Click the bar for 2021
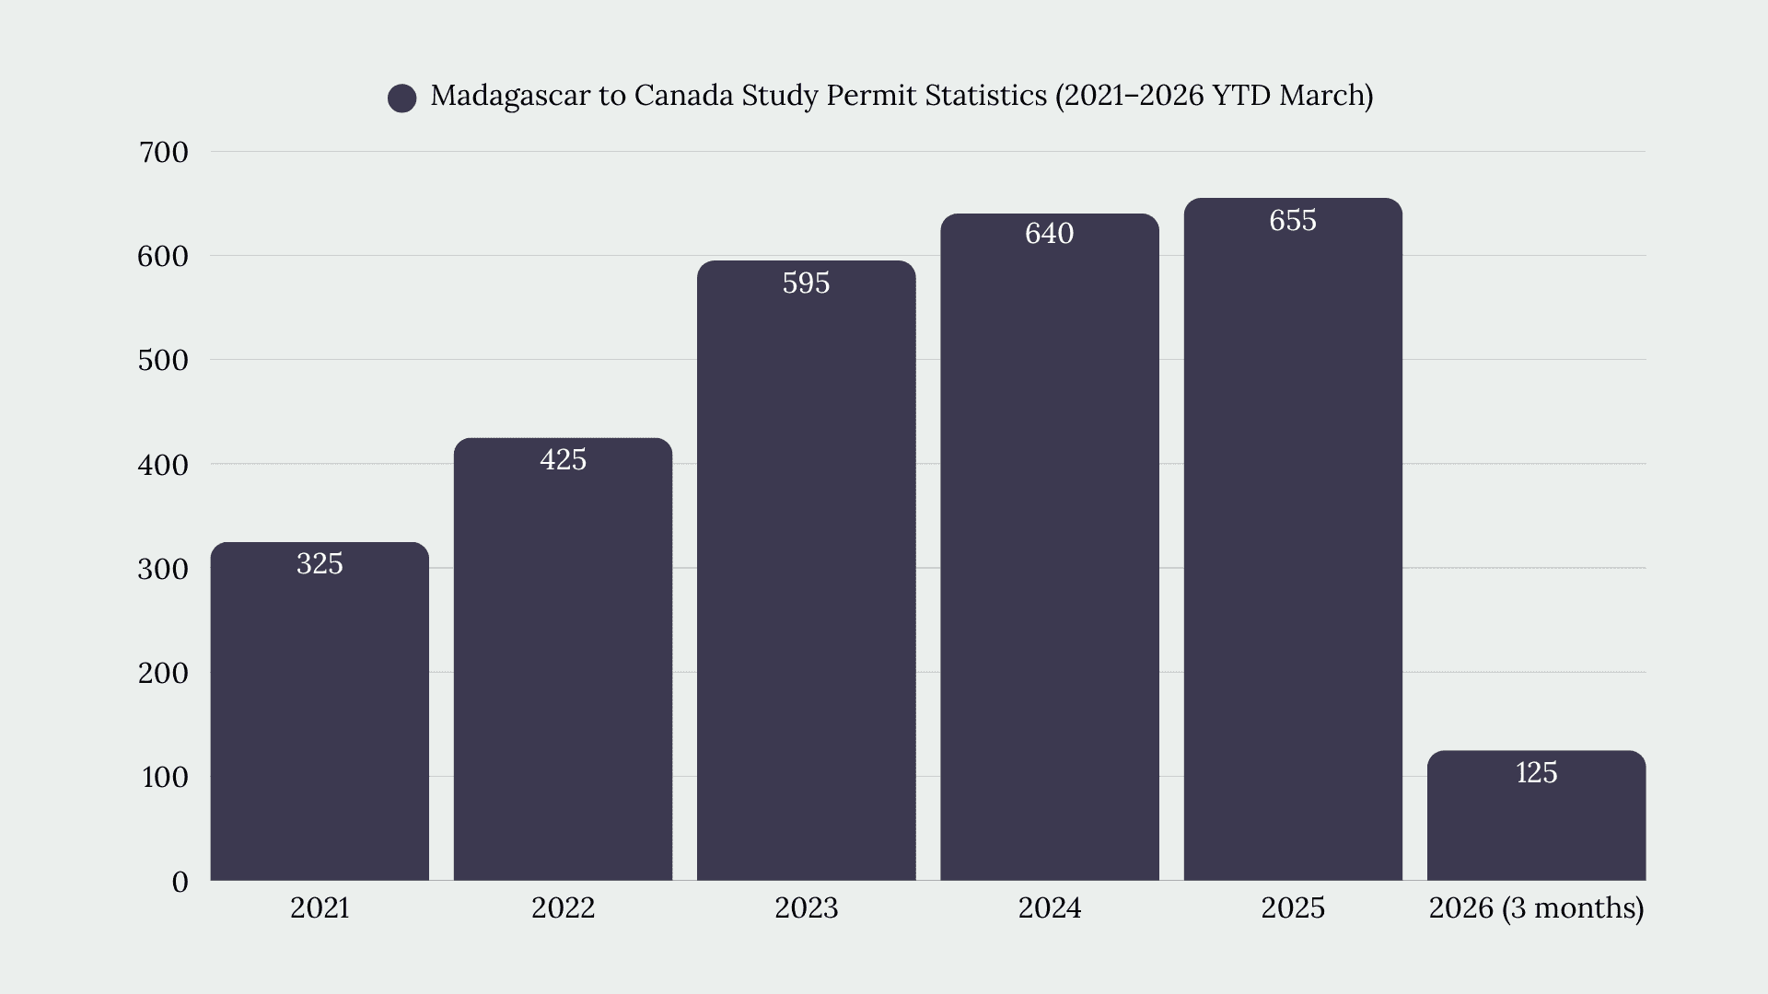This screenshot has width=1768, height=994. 320,711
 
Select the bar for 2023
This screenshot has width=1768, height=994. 807,571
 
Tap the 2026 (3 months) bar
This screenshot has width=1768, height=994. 1536,815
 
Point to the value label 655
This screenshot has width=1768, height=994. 1293,221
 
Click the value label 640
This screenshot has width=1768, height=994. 1050,234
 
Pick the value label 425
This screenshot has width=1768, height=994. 563,459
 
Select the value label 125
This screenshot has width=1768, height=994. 1536,772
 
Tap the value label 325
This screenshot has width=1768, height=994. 320,563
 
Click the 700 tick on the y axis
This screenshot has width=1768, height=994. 163,152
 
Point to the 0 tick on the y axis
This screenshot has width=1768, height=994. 180,882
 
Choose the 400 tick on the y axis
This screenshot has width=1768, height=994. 163,465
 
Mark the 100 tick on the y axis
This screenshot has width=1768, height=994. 165,778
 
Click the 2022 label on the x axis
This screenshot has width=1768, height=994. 563,908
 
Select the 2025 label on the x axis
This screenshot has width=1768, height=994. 1293,908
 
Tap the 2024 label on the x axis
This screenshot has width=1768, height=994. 1050,908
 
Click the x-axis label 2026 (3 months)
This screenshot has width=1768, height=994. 1536,908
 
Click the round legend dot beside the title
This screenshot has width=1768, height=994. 402,98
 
